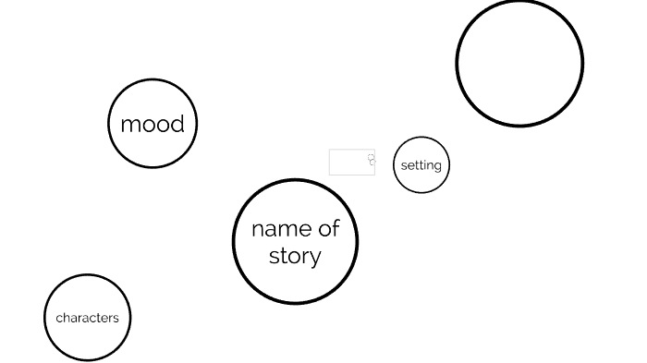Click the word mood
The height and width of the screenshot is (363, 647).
coord(153,124)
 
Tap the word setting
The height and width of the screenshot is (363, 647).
coord(421,165)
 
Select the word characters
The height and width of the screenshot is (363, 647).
coord(88,318)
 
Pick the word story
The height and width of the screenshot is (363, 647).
coord(295,256)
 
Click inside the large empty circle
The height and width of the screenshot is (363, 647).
coord(519,63)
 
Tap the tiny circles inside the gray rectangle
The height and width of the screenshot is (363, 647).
coord(372,160)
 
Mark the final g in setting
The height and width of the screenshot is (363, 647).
coord(437,167)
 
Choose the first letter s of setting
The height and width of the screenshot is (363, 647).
coord(404,166)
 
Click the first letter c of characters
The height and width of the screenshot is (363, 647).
coord(58,319)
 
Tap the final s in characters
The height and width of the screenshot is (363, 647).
coord(116,319)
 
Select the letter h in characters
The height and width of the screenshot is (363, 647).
coord(65,318)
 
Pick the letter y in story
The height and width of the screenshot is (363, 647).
coord(314,258)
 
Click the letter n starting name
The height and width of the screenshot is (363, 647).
coord(257,229)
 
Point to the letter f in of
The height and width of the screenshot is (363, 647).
coord(336,227)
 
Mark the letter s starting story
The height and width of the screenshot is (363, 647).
coord(274,257)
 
